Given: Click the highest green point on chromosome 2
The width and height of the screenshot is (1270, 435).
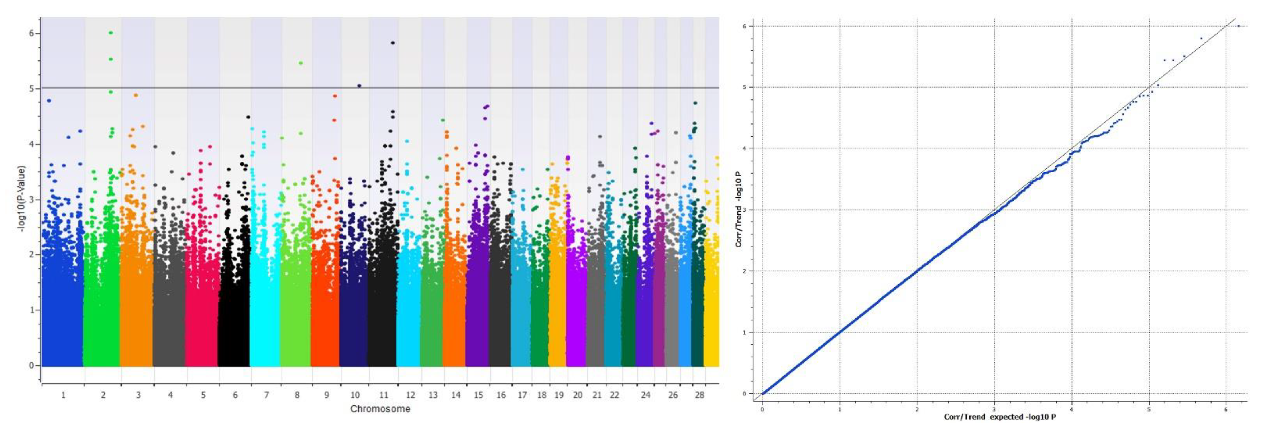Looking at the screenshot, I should pyautogui.click(x=111, y=33).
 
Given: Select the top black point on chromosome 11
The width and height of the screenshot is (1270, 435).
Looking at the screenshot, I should pyautogui.click(x=392, y=43).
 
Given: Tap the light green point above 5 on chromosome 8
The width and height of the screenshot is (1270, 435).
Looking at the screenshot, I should pyautogui.click(x=300, y=63).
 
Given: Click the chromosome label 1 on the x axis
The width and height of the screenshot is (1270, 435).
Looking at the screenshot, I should pyautogui.click(x=63, y=395).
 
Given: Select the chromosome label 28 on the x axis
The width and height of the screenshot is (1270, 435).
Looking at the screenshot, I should pyautogui.click(x=699, y=395).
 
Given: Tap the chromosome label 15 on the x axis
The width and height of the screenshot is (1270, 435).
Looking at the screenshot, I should pyautogui.click(x=478, y=395).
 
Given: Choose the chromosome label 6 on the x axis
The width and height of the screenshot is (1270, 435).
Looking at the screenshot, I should pyautogui.click(x=235, y=395).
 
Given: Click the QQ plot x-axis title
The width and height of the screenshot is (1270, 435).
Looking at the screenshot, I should pyautogui.click(x=1000, y=417).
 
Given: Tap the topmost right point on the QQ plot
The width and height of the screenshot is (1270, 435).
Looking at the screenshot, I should pyautogui.click(x=1238, y=26).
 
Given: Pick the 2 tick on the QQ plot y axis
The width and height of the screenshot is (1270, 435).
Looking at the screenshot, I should pyautogui.click(x=745, y=271).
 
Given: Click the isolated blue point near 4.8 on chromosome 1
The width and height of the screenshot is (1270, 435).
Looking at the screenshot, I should pyautogui.click(x=49, y=101).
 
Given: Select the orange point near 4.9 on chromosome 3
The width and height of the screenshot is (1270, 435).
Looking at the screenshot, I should pyautogui.click(x=136, y=95).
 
